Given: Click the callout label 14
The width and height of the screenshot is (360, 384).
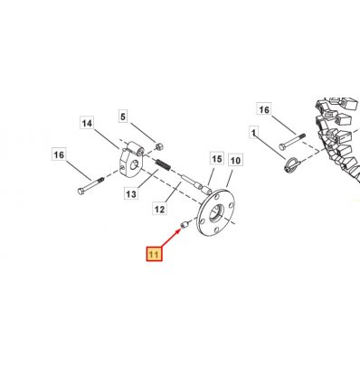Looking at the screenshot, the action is (x=87, y=123).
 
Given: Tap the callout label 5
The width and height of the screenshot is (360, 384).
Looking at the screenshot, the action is (x=123, y=116).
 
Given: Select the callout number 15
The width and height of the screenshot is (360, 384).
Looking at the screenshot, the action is (x=217, y=158).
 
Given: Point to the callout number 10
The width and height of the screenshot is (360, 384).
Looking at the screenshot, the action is (x=235, y=160).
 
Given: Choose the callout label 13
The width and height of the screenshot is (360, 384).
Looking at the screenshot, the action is (x=131, y=193).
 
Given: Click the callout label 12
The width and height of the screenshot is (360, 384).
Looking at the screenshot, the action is (x=159, y=209).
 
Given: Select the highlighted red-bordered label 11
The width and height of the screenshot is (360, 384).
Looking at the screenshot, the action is (x=154, y=255).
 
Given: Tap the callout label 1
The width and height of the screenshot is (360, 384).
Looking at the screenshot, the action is (x=254, y=133).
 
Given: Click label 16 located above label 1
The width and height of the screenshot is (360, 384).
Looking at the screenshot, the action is (x=264, y=109).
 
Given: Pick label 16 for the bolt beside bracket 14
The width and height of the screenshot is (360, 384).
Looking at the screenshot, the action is (x=59, y=155).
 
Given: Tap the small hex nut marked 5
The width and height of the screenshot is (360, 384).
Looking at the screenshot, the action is (x=159, y=146).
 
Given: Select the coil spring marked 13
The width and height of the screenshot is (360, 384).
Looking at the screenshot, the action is (x=163, y=164).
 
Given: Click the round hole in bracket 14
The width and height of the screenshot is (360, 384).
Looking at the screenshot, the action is (x=134, y=164).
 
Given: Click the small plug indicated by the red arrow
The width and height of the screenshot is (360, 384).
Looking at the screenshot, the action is (x=185, y=224).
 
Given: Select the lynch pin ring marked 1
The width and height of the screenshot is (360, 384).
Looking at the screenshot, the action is (x=291, y=165).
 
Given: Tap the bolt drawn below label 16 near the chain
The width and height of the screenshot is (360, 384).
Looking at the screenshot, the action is (x=292, y=142).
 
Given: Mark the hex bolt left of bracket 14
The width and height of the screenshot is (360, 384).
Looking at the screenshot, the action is (x=90, y=186).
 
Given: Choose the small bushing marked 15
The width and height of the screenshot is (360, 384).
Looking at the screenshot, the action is (x=206, y=190).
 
